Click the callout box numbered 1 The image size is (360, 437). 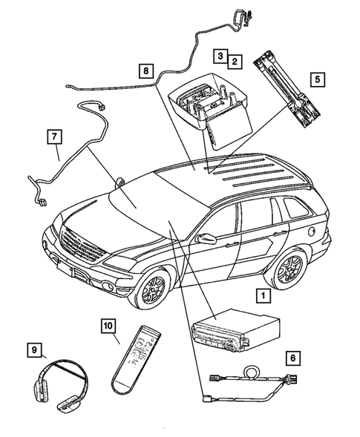[261, 296]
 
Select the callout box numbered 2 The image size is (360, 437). [235, 62]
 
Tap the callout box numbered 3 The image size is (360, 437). [221, 56]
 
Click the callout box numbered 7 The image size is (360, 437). [53, 137]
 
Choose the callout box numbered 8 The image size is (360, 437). [146, 72]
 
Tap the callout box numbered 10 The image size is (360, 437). [108, 325]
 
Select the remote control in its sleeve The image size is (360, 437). [136, 359]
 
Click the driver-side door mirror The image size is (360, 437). [206, 239]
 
